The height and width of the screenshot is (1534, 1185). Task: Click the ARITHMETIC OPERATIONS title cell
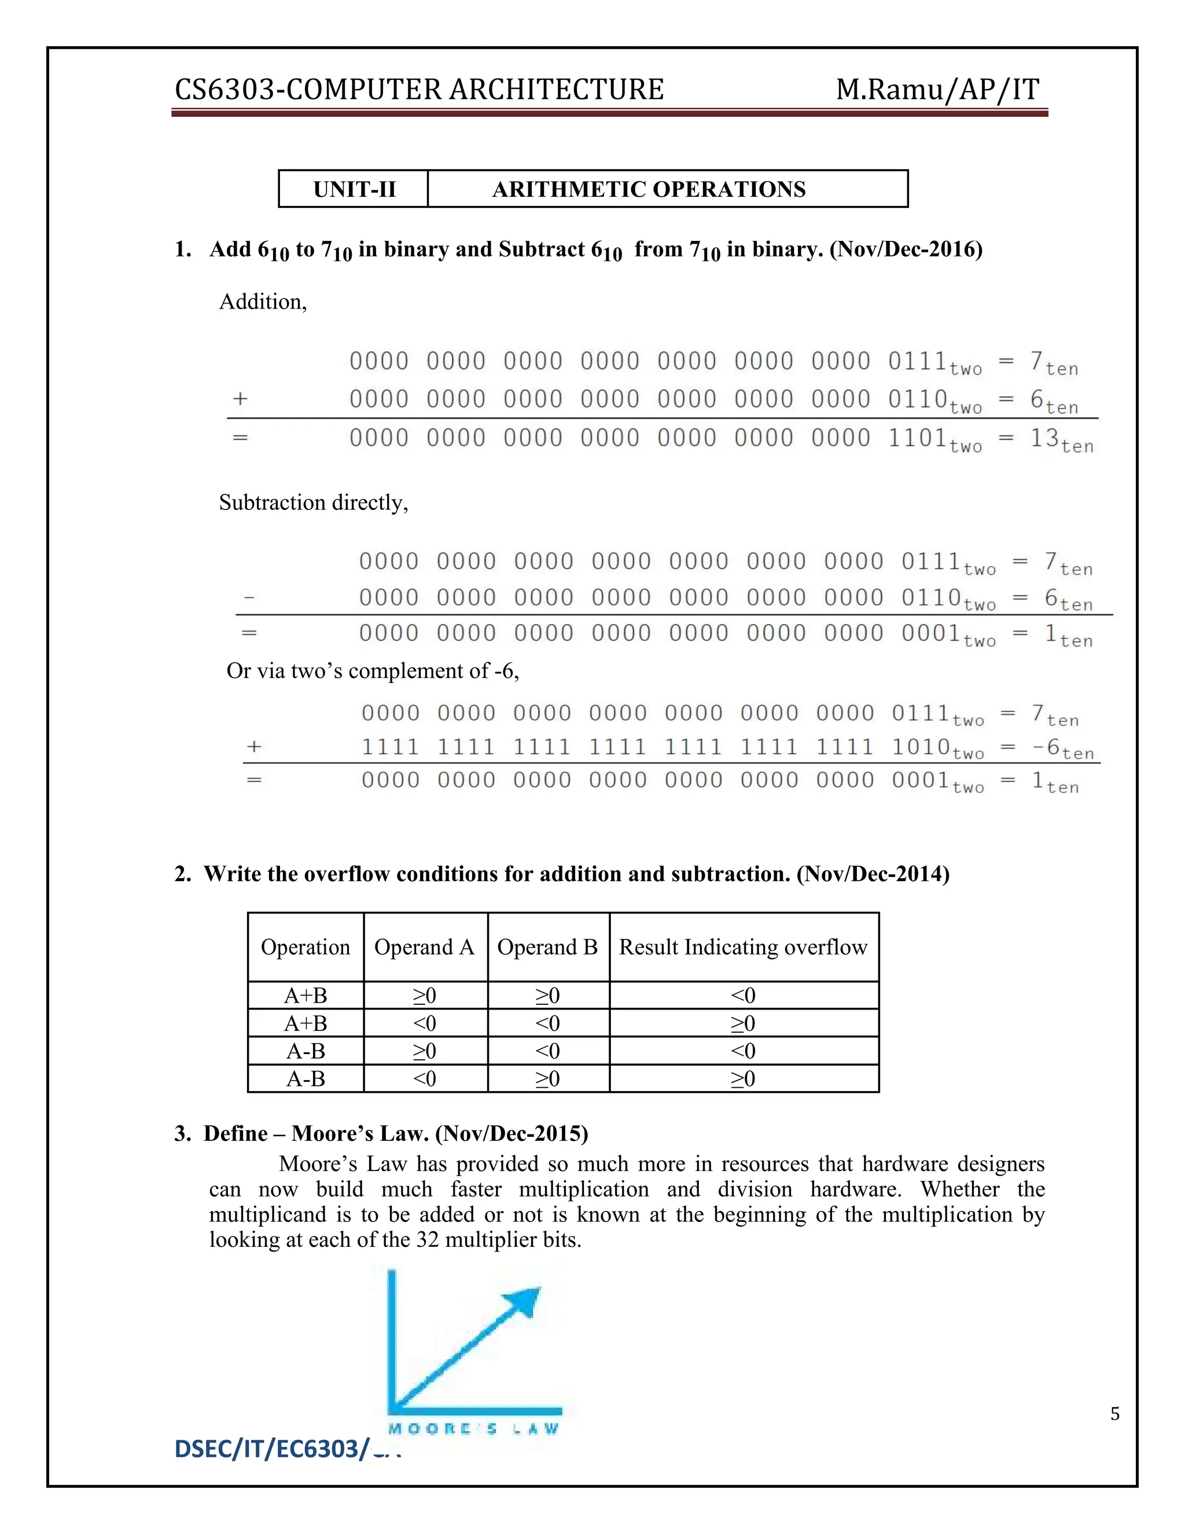649,189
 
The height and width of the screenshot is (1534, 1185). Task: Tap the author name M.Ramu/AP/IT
937,90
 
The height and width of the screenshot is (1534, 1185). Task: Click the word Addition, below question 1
263,302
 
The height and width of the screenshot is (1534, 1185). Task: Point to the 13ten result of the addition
1061,440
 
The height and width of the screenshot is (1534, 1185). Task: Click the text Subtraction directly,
313,502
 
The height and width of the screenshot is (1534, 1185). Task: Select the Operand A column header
425,947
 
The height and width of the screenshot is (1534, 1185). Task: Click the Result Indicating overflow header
743,947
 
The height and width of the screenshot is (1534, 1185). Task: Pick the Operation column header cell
306,947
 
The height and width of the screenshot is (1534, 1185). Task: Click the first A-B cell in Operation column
306,1051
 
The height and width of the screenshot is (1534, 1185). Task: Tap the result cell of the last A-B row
743,1078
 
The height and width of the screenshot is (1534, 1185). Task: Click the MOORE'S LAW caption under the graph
473,1429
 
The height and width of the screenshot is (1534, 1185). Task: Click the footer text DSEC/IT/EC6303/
274,1449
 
